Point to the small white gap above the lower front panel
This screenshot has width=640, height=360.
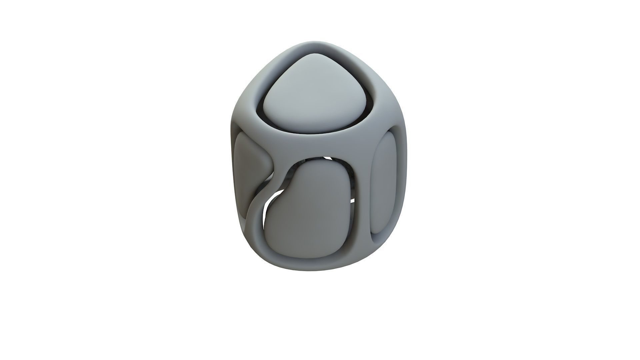point(328,158)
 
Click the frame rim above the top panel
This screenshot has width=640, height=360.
point(317,47)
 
